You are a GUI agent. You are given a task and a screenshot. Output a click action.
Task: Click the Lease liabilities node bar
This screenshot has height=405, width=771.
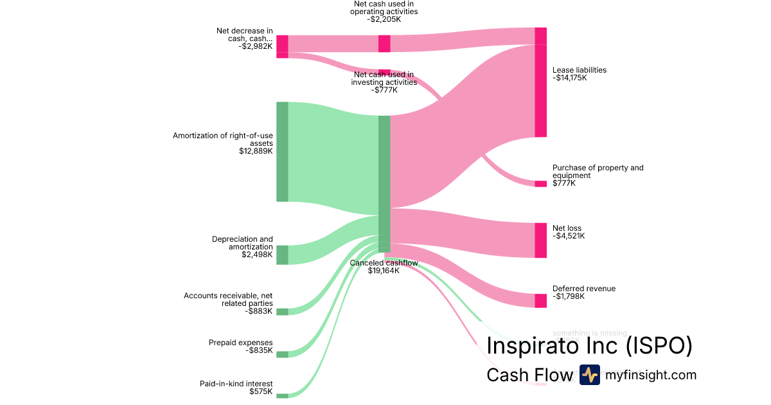click(540, 82)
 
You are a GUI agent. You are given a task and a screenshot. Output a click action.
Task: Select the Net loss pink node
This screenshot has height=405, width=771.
click(540, 240)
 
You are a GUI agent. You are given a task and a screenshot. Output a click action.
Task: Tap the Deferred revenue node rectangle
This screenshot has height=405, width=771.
click(540, 300)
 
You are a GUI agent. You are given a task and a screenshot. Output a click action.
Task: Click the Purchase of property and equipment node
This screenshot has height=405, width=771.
click(540, 184)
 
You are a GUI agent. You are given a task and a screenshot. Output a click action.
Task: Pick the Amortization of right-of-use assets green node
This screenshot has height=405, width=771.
click(282, 152)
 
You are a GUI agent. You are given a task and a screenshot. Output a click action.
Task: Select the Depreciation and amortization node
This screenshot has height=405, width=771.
click(282, 255)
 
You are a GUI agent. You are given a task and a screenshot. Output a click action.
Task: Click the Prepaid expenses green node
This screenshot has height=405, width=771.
click(282, 354)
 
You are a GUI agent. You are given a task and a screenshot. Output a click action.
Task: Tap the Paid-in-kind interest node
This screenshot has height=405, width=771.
click(282, 395)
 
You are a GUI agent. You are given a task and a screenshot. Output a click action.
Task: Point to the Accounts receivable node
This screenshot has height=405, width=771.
click(282, 312)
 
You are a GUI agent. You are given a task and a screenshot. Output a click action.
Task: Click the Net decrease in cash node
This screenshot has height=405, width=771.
click(282, 46)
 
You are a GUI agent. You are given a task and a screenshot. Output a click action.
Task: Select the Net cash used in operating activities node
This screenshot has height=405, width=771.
click(384, 43)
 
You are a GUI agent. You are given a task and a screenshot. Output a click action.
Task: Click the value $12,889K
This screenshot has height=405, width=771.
click(255, 152)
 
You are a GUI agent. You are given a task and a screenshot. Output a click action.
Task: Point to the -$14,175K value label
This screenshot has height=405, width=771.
click(569, 78)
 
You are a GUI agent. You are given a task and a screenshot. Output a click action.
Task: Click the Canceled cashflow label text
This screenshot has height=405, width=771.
click(384, 262)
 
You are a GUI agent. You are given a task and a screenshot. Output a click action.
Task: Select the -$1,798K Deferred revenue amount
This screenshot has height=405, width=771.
click(569, 296)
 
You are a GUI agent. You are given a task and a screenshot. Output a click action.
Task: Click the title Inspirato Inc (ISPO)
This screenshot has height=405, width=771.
click(589, 345)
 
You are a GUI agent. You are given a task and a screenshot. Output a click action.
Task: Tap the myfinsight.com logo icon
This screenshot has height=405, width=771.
click(589, 375)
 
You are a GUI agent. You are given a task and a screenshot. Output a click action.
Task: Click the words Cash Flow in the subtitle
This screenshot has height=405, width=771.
click(529, 375)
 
